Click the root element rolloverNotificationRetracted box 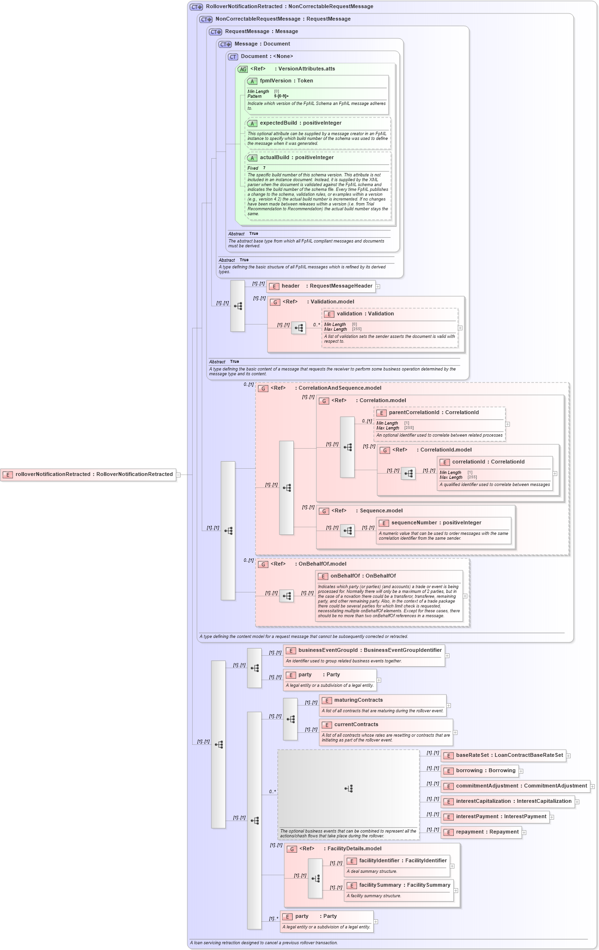89,475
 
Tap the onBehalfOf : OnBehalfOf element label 363,576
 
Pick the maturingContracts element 358,700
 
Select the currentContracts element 356,725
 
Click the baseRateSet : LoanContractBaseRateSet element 503,755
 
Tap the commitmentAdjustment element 515,786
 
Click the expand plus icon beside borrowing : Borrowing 521,771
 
